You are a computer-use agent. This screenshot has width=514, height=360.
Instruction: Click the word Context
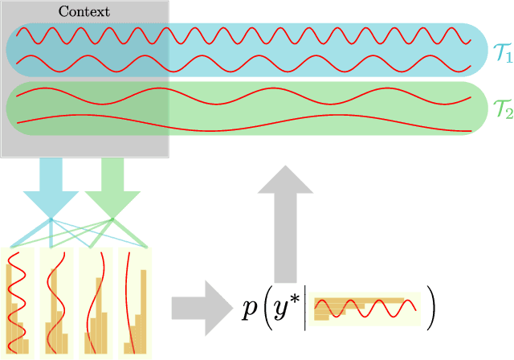(84, 11)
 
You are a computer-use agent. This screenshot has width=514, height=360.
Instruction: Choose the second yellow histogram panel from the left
(55, 302)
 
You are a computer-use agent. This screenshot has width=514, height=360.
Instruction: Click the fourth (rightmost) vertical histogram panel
(136, 302)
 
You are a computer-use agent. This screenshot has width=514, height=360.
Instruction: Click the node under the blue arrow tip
(50, 219)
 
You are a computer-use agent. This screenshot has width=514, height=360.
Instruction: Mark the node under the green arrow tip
(112, 219)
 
